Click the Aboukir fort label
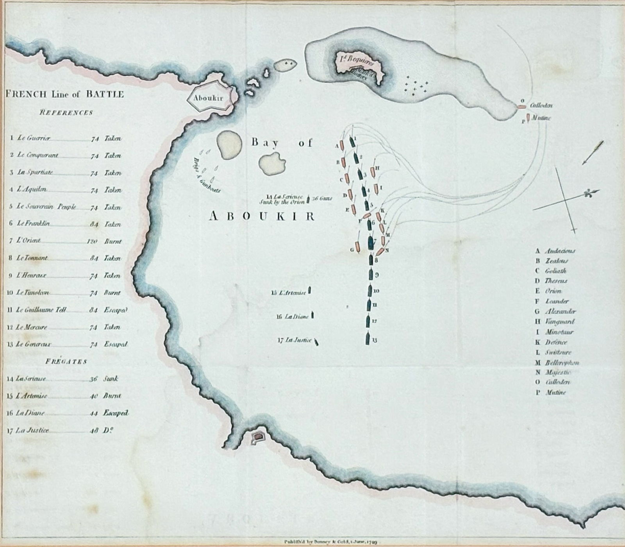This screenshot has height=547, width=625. [208, 98]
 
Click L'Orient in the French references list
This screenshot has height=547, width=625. [29, 241]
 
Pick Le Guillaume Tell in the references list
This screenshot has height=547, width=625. [41, 310]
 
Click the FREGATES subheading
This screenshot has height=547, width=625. [66, 361]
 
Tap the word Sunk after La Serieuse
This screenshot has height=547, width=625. [111, 379]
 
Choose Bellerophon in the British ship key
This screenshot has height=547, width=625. [562, 363]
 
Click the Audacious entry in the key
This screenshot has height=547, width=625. [560, 251]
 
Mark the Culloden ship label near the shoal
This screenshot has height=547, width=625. [541, 105]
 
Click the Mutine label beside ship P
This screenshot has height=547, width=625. [541, 118]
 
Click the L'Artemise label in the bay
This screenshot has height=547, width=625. [292, 293]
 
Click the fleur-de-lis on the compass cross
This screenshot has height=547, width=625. [588, 194]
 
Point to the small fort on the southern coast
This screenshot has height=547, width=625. [258, 436]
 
